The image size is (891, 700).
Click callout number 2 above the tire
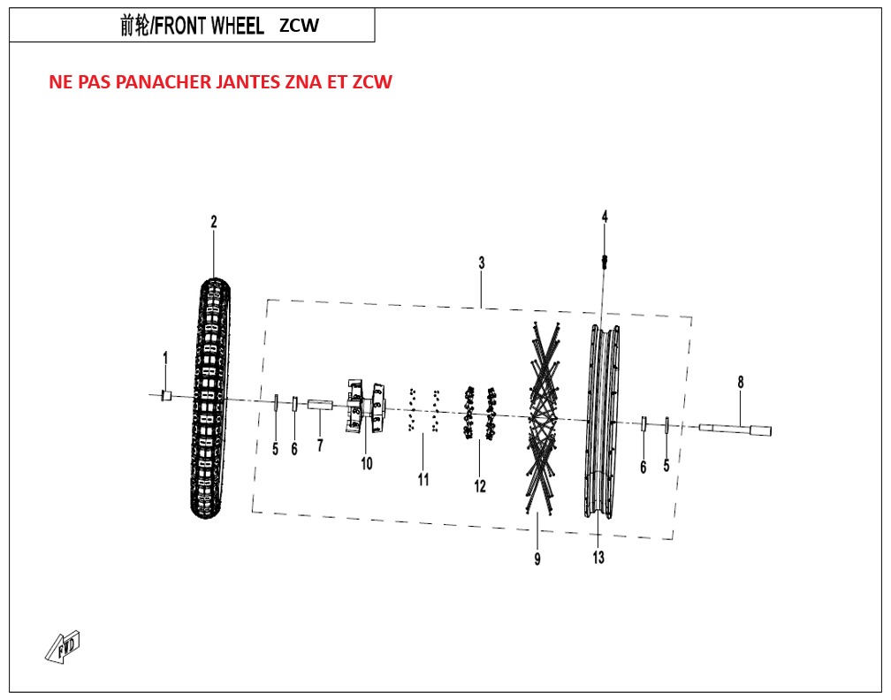coord(214,222)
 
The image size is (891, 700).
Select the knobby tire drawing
coord(209,398)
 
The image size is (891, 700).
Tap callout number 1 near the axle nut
coord(165,359)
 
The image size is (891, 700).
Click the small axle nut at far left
coord(167,395)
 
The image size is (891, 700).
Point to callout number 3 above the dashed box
coord(482,263)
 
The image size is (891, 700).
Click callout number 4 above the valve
coord(605,217)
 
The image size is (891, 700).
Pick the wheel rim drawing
coord(602,422)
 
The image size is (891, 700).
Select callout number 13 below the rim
coord(598,558)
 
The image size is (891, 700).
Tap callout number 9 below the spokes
coord(537,559)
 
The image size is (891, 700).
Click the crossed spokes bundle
coord(544,419)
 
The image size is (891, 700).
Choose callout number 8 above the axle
coord(741,383)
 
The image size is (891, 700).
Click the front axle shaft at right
coord(735,430)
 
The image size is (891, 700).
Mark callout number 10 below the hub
coord(367,464)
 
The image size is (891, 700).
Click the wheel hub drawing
coord(365,407)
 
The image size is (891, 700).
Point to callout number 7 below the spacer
coord(320,445)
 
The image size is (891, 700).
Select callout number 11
coord(423,480)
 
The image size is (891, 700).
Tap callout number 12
coord(480,486)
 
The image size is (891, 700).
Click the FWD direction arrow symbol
coord(63,647)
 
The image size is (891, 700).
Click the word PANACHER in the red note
coord(164,82)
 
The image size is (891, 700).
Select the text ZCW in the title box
coord(299,26)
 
